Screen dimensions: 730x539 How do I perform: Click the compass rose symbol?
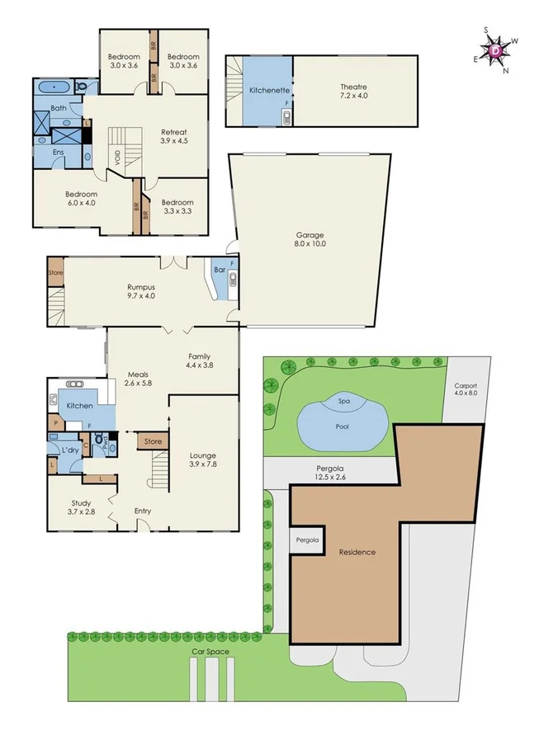[x=495, y=50]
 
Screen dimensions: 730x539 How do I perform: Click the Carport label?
[x=466, y=389]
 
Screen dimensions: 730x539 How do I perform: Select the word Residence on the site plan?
[x=357, y=552]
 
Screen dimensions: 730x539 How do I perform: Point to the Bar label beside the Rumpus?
[x=220, y=269]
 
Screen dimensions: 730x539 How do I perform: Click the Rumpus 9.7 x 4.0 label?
[x=141, y=290]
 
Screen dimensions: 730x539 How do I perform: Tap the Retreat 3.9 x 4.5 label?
[x=173, y=136]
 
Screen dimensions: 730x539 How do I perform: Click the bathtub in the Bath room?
[x=58, y=87]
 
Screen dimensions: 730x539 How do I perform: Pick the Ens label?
[x=58, y=152]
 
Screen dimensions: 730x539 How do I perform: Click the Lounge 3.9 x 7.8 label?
[x=202, y=459]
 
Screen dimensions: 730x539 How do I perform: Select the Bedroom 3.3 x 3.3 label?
[x=177, y=207]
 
